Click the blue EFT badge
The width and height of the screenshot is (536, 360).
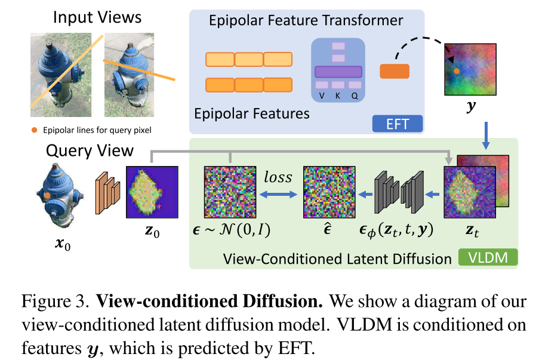click(x=398, y=124)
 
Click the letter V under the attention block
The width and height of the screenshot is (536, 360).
click(x=322, y=96)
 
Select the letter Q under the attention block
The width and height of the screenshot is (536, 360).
click(x=355, y=96)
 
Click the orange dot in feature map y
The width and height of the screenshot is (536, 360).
click(x=456, y=71)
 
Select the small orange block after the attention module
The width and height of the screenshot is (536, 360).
click(x=394, y=71)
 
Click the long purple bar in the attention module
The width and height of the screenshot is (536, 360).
click(x=338, y=72)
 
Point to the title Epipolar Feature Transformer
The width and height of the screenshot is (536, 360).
click(x=306, y=21)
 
